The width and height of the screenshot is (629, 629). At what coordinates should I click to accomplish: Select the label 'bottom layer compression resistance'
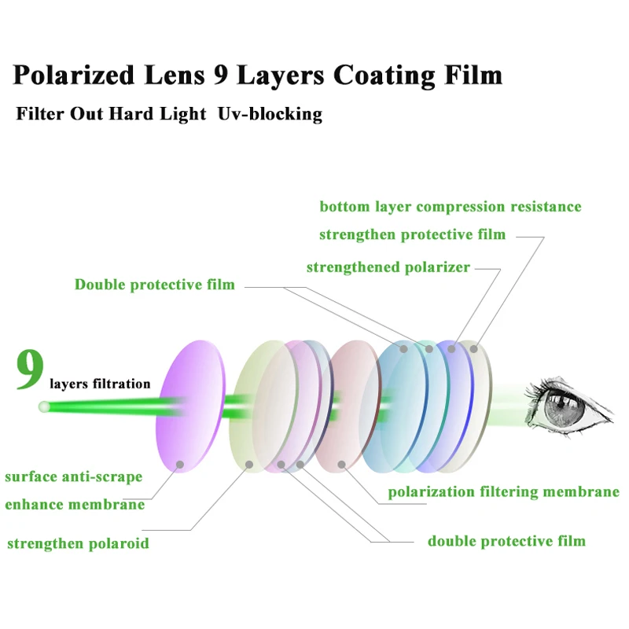coord(451,207)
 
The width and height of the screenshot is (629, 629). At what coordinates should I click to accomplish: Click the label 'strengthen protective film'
coord(412,234)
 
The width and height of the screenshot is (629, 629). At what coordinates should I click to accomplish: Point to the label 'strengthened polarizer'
coord(388,267)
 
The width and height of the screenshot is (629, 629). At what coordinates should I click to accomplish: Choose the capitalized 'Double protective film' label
coord(155,284)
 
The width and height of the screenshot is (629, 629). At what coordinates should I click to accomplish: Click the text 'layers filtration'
coord(100,384)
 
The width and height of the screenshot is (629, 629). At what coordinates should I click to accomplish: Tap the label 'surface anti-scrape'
coord(74,476)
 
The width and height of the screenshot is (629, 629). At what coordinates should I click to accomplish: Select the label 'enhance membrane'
coord(75,504)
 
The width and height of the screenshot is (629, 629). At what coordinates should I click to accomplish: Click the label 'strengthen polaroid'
coord(78,543)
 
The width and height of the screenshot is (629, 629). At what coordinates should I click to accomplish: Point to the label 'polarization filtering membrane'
coord(504,492)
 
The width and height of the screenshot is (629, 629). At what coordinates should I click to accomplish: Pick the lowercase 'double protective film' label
coord(506,541)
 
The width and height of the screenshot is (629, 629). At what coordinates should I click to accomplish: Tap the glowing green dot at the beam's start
coord(45,407)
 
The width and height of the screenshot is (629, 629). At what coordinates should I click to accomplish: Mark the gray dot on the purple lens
coord(180,465)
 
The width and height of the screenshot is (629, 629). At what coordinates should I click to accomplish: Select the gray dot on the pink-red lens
coord(341,464)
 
